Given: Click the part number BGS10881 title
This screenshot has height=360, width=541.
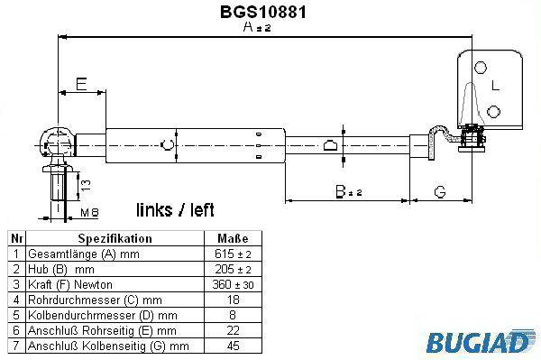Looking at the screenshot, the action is pyautogui.click(x=263, y=12).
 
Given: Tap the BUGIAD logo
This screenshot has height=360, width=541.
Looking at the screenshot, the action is pyautogui.click(x=478, y=341).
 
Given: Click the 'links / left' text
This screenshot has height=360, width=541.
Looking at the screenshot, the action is pyautogui.click(x=175, y=210).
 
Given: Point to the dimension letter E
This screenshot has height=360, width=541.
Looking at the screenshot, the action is pyautogui.click(x=81, y=84).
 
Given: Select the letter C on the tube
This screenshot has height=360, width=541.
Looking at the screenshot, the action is pyautogui.click(x=168, y=145).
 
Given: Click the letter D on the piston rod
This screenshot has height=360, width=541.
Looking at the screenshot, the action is pyautogui.click(x=330, y=145).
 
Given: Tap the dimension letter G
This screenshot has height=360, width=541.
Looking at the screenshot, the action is pyautogui.click(x=440, y=192).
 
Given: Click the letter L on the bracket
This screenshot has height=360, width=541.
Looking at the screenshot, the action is pyautogui.click(x=495, y=85).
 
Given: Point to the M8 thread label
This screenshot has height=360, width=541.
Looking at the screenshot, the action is pyautogui.click(x=89, y=212).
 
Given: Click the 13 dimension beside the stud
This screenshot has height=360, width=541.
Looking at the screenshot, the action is pyautogui.click(x=86, y=185).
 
